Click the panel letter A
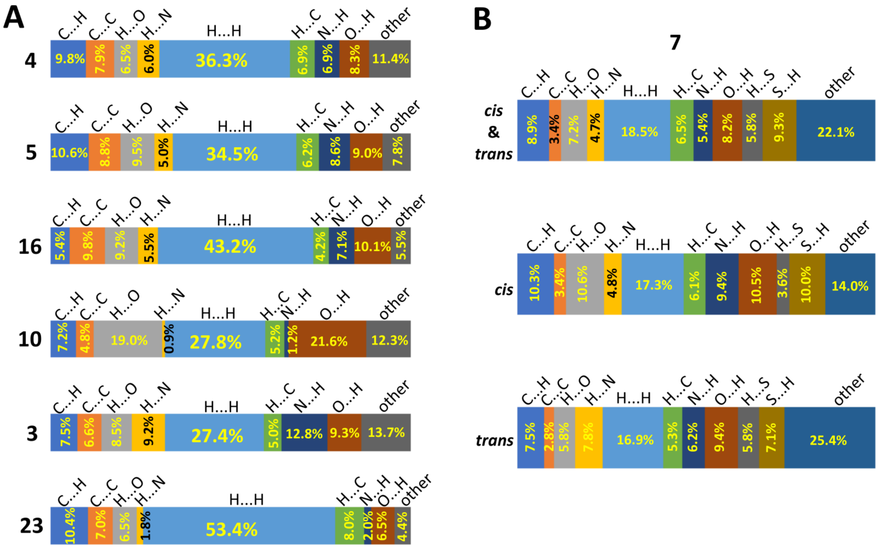click(14, 18)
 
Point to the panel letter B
click(482, 19)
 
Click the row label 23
click(31, 525)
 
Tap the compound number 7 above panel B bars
click(675, 42)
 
